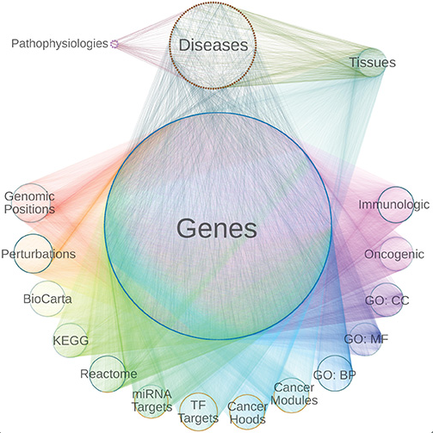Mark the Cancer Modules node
[x=294, y=395]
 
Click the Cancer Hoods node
[x=248, y=411]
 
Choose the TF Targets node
[x=198, y=411]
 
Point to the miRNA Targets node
[x=152, y=399]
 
